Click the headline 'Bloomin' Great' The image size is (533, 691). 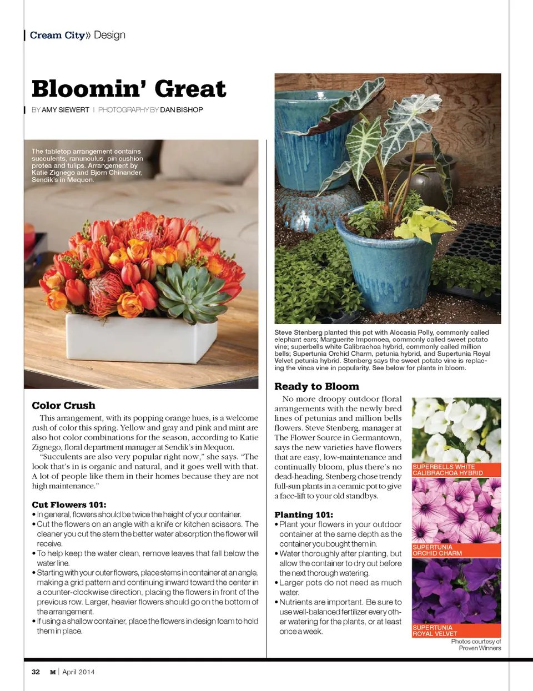(129, 89)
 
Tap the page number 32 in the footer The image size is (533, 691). (36, 672)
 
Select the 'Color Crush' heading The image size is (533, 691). (63, 406)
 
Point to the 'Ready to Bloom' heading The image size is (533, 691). (316, 386)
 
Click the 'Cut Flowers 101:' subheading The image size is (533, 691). (69, 505)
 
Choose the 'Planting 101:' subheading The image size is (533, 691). (304, 515)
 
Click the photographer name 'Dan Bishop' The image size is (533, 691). (181, 110)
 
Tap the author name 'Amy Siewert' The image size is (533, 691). (66, 110)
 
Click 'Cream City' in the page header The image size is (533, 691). (57, 36)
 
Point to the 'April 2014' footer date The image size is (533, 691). (78, 672)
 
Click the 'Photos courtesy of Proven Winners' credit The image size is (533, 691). (476, 644)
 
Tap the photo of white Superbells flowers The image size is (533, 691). (456, 429)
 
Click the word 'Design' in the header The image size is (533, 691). (109, 35)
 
